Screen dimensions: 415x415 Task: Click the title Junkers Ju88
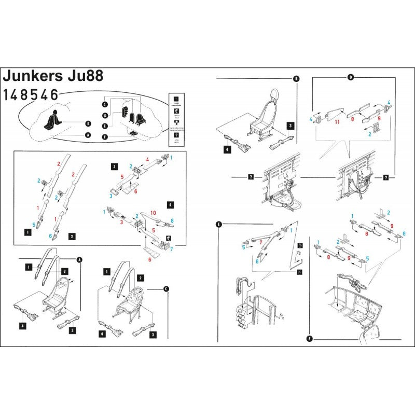(53, 75)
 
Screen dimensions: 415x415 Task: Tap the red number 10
(153, 213)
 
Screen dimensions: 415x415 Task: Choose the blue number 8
(172, 220)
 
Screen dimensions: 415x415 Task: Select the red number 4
(147, 160)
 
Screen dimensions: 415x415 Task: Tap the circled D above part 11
(350, 77)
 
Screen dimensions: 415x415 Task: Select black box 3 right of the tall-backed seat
(290, 126)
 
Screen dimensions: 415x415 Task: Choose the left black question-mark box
(251, 177)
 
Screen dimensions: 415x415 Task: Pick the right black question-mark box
(385, 177)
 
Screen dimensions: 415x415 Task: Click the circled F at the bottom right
(310, 339)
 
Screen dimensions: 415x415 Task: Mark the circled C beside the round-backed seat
(166, 288)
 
